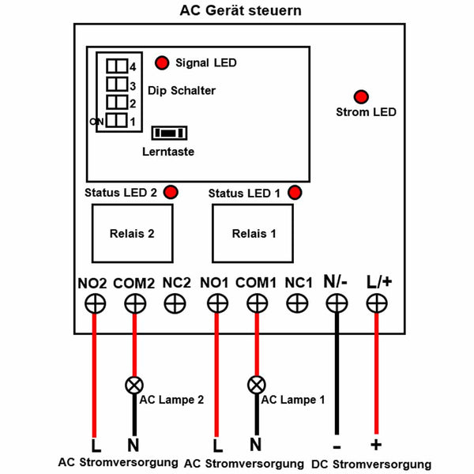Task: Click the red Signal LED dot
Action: click(x=162, y=63)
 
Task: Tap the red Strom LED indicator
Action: click(x=361, y=97)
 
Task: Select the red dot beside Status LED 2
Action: click(x=171, y=192)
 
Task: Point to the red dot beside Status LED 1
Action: click(x=295, y=193)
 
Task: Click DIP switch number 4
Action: click(x=117, y=66)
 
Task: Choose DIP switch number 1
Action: click(x=117, y=120)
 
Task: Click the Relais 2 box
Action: click(x=133, y=233)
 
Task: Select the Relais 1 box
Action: click(x=253, y=233)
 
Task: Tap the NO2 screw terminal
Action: click(x=96, y=304)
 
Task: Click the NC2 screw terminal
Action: click(x=175, y=303)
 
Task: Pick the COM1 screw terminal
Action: click(x=257, y=303)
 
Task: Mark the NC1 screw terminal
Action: click(x=297, y=303)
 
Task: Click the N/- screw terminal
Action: click(x=337, y=303)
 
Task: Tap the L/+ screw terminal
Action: click(x=377, y=303)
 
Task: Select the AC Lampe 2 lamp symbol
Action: click(x=134, y=386)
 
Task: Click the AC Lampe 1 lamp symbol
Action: click(x=257, y=385)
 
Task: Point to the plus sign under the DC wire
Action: click(x=376, y=445)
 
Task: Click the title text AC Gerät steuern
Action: click(x=241, y=11)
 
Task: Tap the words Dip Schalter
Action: click(x=182, y=91)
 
